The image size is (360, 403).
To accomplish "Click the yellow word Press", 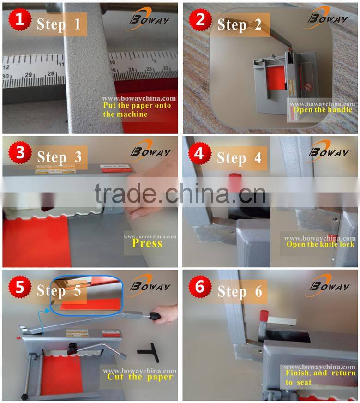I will pyautogui.click(x=147, y=243).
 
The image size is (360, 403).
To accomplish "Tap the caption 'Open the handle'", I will pyautogui.click(x=322, y=109).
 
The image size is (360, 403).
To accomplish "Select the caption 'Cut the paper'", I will pyautogui.click(x=140, y=377).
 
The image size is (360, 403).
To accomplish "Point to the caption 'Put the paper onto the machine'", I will pyautogui.click(x=137, y=110).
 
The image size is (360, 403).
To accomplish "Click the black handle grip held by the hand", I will pyautogui.click(x=155, y=317).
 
